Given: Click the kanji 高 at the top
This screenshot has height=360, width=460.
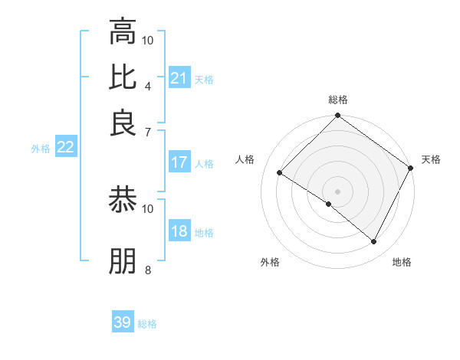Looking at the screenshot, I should click(123, 32).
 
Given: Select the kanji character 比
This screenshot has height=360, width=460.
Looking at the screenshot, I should click(123, 78).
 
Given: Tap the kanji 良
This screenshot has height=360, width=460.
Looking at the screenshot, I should click(123, 123).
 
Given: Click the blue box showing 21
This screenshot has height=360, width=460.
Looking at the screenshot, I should click(179, 78).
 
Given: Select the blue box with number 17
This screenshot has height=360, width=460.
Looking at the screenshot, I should click(179, 162).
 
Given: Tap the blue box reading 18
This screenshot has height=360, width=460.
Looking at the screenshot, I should click(179, 232).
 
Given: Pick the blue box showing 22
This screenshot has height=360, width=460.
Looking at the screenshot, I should click(65, 148).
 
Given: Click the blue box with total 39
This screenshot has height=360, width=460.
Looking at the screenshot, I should click(123, 322).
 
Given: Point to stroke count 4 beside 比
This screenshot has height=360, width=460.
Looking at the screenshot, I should click(148, 86).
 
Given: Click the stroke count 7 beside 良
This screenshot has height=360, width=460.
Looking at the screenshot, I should click(148, 132).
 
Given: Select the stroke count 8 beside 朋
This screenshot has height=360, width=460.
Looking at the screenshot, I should click(148, 270).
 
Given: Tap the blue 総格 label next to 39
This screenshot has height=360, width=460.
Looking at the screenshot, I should click(147, 324).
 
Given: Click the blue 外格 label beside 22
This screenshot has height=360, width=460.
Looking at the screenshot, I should click(40, 149).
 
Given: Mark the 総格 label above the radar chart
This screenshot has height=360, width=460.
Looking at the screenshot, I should click(338, 100).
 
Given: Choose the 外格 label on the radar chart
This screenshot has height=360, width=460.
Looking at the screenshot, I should click(270, 262).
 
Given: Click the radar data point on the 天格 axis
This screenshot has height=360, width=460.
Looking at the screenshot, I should click(411, 169).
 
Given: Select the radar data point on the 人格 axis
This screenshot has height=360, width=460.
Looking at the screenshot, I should click(280, 173).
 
